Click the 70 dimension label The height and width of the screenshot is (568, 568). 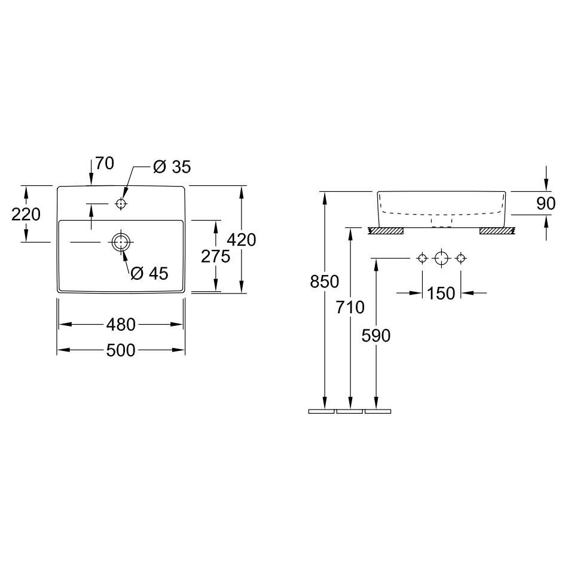pyautogui.click(x=105, y=163)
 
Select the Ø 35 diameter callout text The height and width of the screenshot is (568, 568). pyautogui.click(x=172, y=167)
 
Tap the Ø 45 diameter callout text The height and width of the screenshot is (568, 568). pyautogui.click(x=149, y=273)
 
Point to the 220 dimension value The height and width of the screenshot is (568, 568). pyautogui.click(x=26, y=215)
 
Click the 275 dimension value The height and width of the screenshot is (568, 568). pyautogui.click(x=215, y=256)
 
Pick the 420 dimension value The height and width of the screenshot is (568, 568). pyautogui.click(x=242, y=240)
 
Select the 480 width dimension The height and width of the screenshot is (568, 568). pyautogui.click(x=121, y=325)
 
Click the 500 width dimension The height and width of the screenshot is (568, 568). pyautogui.click(x=121, y=350)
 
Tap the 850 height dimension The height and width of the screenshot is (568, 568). pyautogui.click(x=324, y=282)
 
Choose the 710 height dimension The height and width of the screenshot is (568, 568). pyautogui.click(x=350, y=307)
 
